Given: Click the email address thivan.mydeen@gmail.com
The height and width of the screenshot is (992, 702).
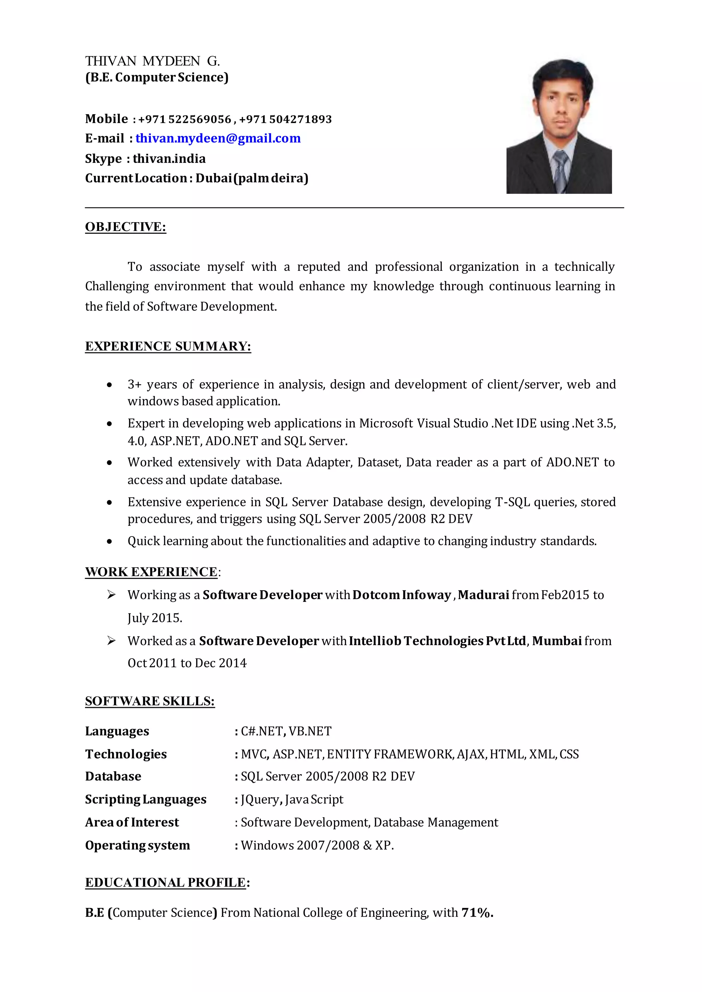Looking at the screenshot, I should click(218, 138).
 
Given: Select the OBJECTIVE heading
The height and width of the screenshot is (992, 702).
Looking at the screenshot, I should click(125, 227).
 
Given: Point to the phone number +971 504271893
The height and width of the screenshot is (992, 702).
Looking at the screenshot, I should click(285, 119).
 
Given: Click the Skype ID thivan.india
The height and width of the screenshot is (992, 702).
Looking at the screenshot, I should click(169, 159).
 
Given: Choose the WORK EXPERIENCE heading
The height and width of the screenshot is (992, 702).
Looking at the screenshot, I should click(151, 572).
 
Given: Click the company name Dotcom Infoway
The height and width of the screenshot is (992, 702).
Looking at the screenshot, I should click(402, 595).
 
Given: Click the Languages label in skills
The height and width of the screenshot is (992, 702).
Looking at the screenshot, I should click(117, 731).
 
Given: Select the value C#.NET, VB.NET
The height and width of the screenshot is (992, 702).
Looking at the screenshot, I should click(286, 731).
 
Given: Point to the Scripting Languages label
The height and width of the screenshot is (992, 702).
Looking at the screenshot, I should click(146, 800).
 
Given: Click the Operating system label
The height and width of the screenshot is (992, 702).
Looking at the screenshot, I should click(137, 846).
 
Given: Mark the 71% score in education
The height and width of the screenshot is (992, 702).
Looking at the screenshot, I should click(477, 913).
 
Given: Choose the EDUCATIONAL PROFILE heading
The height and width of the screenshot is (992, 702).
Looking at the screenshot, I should click(166, 883).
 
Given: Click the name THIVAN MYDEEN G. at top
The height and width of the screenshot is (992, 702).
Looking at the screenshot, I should click(153, 61).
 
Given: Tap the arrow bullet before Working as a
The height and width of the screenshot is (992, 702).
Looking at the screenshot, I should click(111, 595).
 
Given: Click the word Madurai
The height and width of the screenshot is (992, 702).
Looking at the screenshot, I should click(483, 595).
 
